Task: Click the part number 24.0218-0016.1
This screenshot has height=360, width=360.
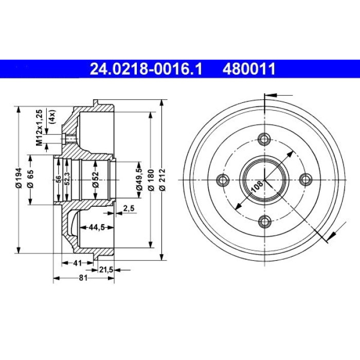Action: pyautogui.click(x=146, y=69)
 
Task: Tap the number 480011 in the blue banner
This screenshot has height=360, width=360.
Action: pyautogui.click(x=249, y=69)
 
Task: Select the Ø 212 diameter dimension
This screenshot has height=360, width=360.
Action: pyautogui.click(x=163, y=180)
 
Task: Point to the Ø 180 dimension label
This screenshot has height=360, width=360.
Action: pyautogui.click(x=151, y=180)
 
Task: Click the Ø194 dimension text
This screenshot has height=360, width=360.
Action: pyautogui.click(x=19, y=178)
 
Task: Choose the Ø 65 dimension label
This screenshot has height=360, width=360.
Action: pyautogui.click(x=30, y=179)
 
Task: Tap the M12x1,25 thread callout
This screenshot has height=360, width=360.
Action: pyautogui.click(x=39, y=128)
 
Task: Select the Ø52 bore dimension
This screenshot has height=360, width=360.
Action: pyautogui.click(x=96, y=180)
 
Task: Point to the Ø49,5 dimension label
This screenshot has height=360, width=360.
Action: pyautogui.click(x=139, y=179)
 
